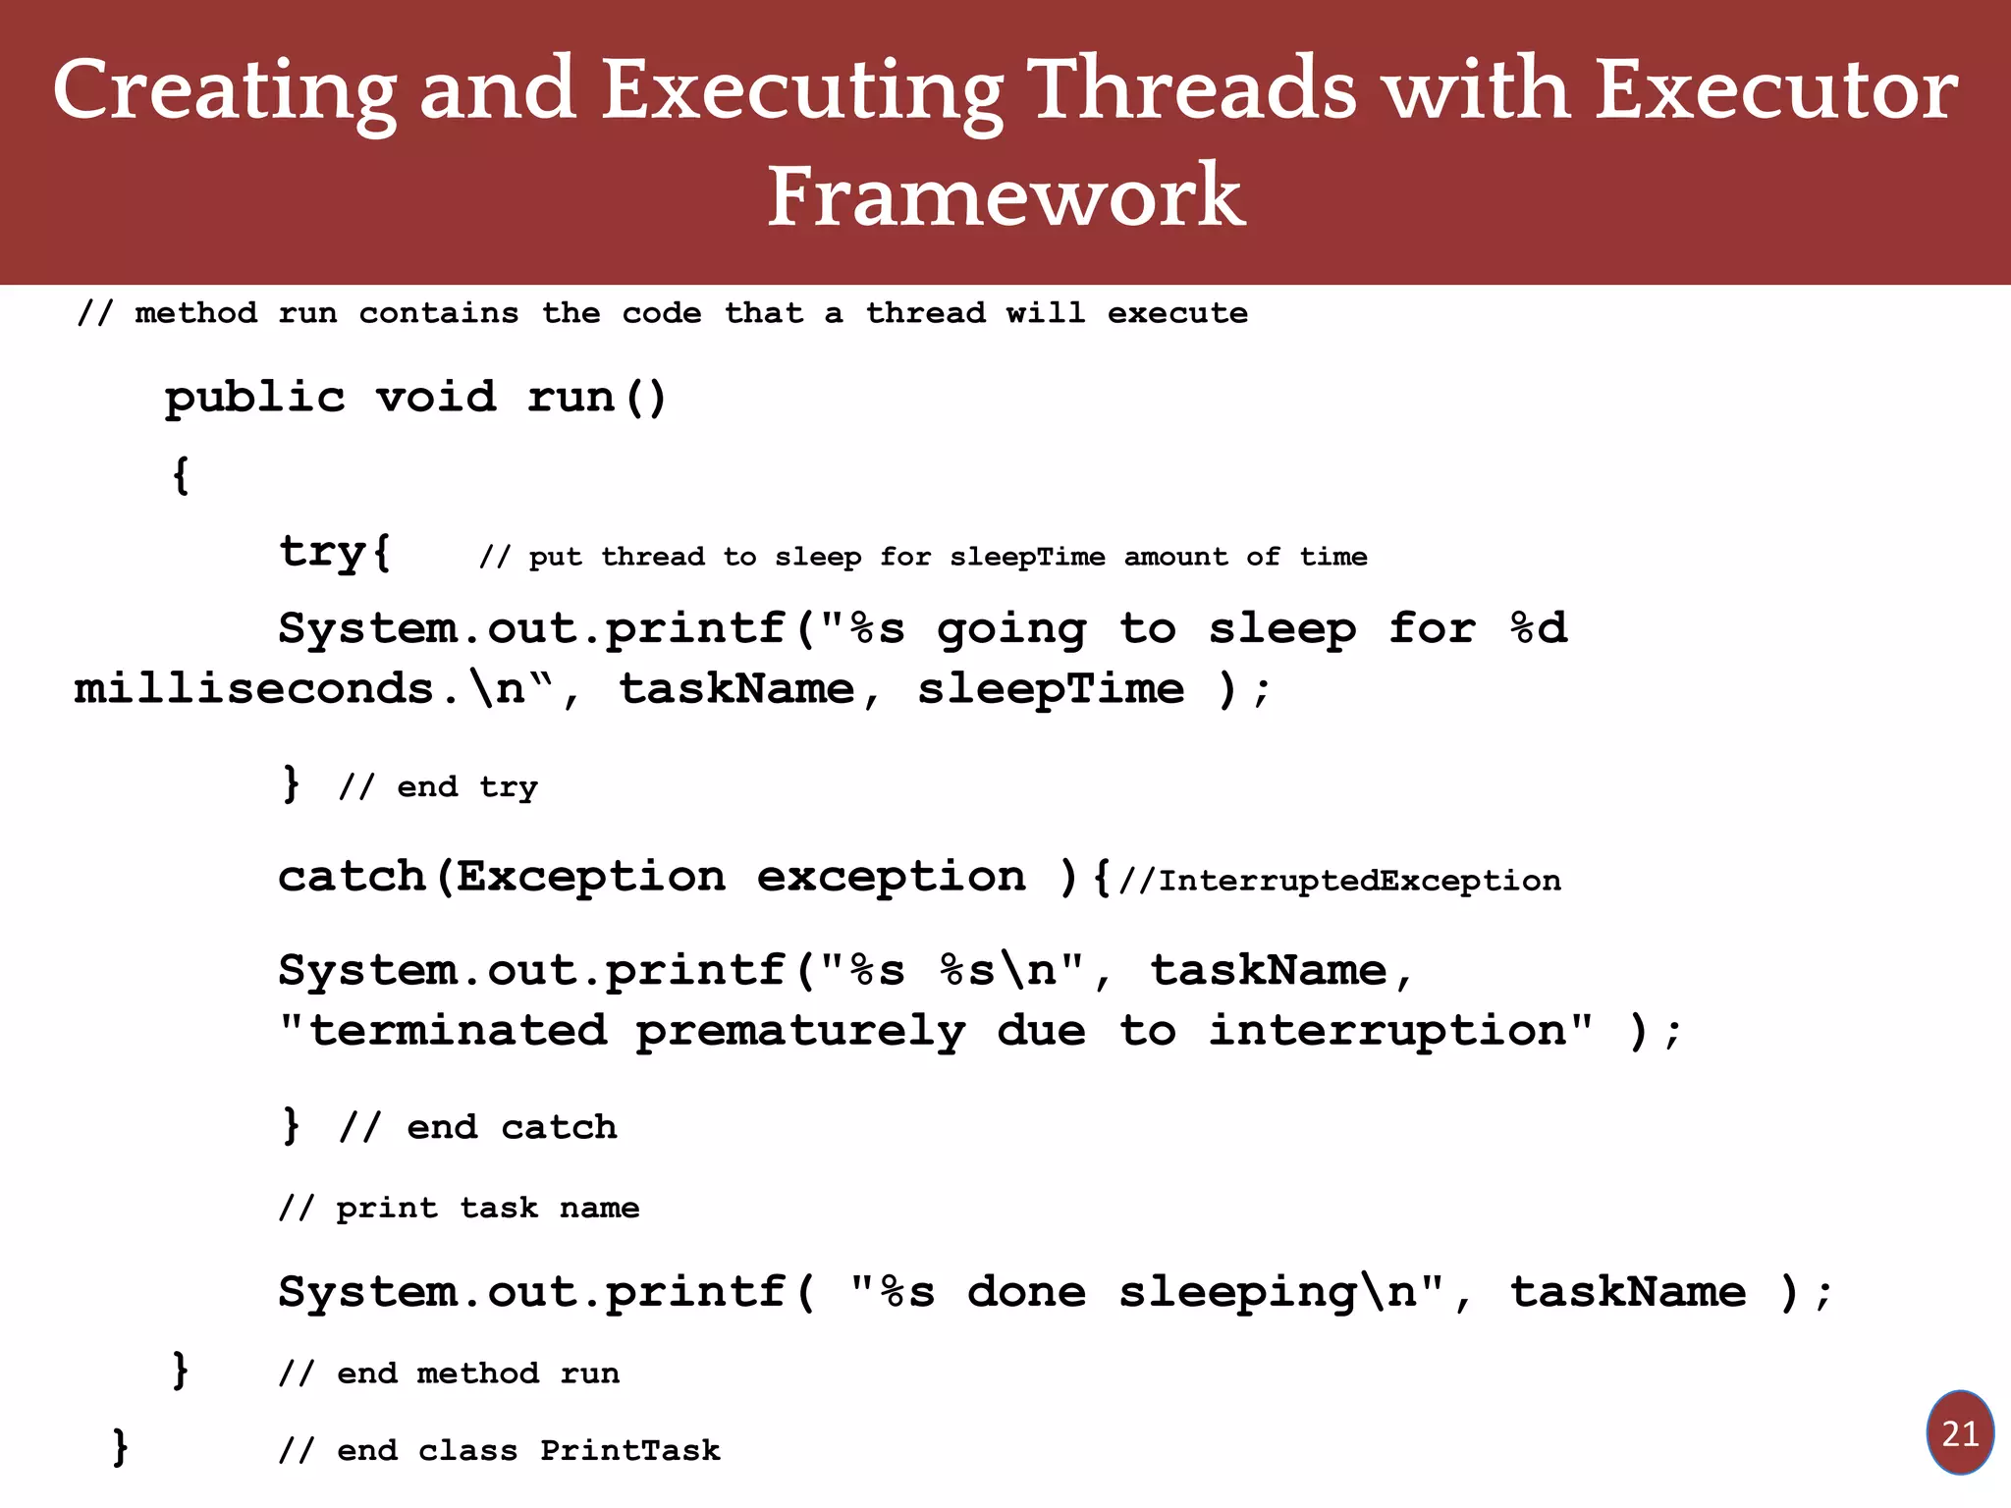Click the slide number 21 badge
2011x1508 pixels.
[1960, 1433]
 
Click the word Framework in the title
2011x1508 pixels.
[1005, 196]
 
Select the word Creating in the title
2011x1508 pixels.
[224, 90]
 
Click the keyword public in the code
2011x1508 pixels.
[255, 398]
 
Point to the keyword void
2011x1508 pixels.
[436, 398]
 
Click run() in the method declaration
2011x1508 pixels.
[597, 398]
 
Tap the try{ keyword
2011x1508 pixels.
[335, 552]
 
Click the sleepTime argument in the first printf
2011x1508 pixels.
[1051, 689]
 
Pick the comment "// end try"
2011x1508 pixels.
[438, 786]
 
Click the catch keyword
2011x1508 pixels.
[352, 877]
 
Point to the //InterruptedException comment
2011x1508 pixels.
[1339, 881]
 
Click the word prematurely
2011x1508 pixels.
[800, 1031]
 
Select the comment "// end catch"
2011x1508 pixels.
[477, 1127]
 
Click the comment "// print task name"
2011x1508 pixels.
[459, 1208]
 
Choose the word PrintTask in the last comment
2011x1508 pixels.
[629, 1450]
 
